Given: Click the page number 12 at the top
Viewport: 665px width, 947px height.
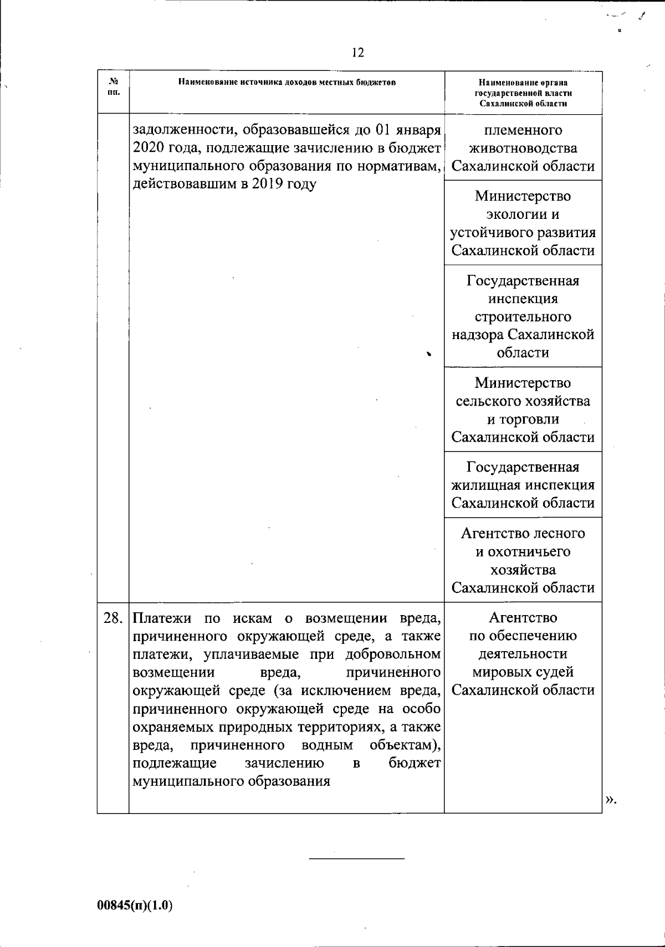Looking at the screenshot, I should click(x=358, y=53).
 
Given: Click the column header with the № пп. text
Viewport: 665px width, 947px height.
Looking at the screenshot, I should click(x=113, y=87).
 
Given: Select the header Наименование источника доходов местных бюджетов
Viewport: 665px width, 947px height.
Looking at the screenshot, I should click(x=287, y=82).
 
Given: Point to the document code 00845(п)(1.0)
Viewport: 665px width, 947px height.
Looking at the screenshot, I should click(x=135, y=905).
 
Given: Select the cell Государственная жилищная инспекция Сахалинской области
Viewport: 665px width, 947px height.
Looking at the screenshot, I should click(x=523, y=485).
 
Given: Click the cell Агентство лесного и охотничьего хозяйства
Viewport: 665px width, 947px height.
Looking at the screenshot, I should click(x=523, y=560).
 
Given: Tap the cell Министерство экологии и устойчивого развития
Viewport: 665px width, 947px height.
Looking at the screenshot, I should click(x=523, y=223).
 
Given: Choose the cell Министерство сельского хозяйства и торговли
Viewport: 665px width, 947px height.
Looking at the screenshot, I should click(x=523, y=409).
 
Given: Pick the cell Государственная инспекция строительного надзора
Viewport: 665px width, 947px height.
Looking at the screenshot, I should click(x=523, y=316).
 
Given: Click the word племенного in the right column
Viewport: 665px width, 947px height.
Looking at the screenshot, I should click(x=523, y=130).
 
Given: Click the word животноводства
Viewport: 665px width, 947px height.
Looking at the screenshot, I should click(x=523, y=149).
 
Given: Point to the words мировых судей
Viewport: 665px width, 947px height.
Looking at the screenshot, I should click(x=523, y=672).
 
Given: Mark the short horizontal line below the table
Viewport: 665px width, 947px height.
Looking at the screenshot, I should click(x=356, y=859).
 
